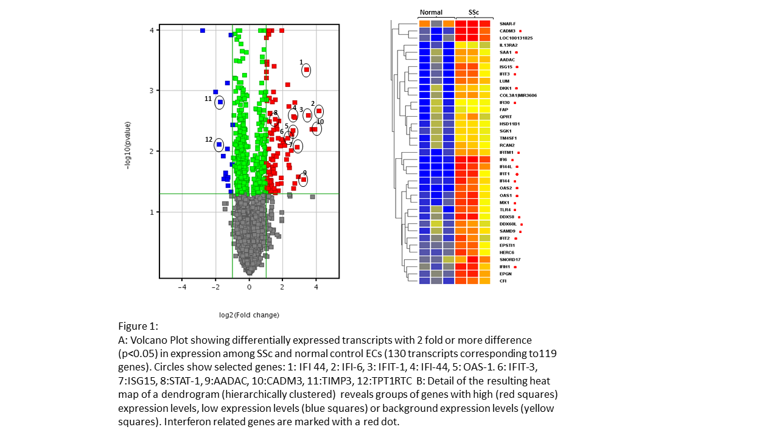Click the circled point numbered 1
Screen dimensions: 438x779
(x=307, y=70)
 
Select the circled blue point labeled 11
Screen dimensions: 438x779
(x=220, y=102)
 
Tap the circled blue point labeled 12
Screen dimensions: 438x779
(x=219, y=144)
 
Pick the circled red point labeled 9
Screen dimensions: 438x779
(x=303, y=179)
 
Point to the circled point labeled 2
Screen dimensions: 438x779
(x=318, y=111)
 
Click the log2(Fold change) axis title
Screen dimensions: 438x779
(x=249, y=315)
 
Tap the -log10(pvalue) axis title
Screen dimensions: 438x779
(x=128, y=145)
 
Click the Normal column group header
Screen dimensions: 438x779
(x=431, y=12)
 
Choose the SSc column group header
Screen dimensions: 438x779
(x=473, y=12)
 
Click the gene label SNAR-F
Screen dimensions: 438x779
(x=508, y=24)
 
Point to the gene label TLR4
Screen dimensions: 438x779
(x=505, y=210)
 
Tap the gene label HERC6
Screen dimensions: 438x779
(x=507, y=252)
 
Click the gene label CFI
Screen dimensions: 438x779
(x=503, y=281)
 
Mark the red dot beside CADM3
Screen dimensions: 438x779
(x=520, y=31)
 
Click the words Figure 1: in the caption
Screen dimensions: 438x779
(x=138, y=327)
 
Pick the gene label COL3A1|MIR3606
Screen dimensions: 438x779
(x=518, y=96)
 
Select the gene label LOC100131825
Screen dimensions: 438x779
(x=516, y=38)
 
